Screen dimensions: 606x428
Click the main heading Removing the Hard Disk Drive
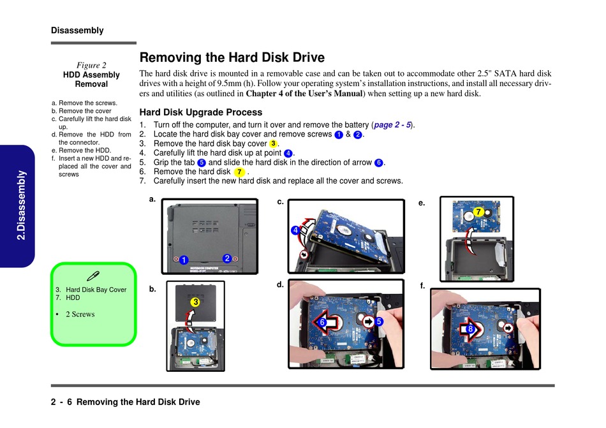tap(232, 58)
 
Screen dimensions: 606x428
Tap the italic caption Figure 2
tap(91, 65)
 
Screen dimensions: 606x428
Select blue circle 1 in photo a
tap(182, 260)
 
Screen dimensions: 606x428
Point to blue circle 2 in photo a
tap(226, 258)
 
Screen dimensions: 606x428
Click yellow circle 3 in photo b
tap(195, 302)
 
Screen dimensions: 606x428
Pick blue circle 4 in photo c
tap(295, 230)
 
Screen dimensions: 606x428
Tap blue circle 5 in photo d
tap(379, 322)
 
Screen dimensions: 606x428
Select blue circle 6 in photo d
tap(323, 323)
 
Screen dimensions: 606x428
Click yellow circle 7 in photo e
tap(477, 212)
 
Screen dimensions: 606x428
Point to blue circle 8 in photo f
tap(470, 329)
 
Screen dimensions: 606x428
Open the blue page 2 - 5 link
tap(392, 125)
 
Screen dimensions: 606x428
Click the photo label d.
tap(280, 284)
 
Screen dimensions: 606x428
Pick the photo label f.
tap(422, 286)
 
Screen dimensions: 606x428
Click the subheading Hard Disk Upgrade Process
tap(200, 112)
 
